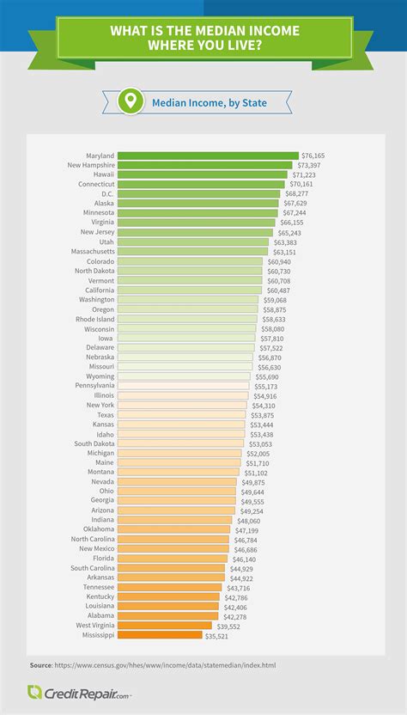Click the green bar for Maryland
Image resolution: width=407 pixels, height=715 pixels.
207,156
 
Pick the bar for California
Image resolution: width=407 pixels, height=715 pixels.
189,290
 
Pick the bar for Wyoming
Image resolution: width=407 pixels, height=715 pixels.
184,376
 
